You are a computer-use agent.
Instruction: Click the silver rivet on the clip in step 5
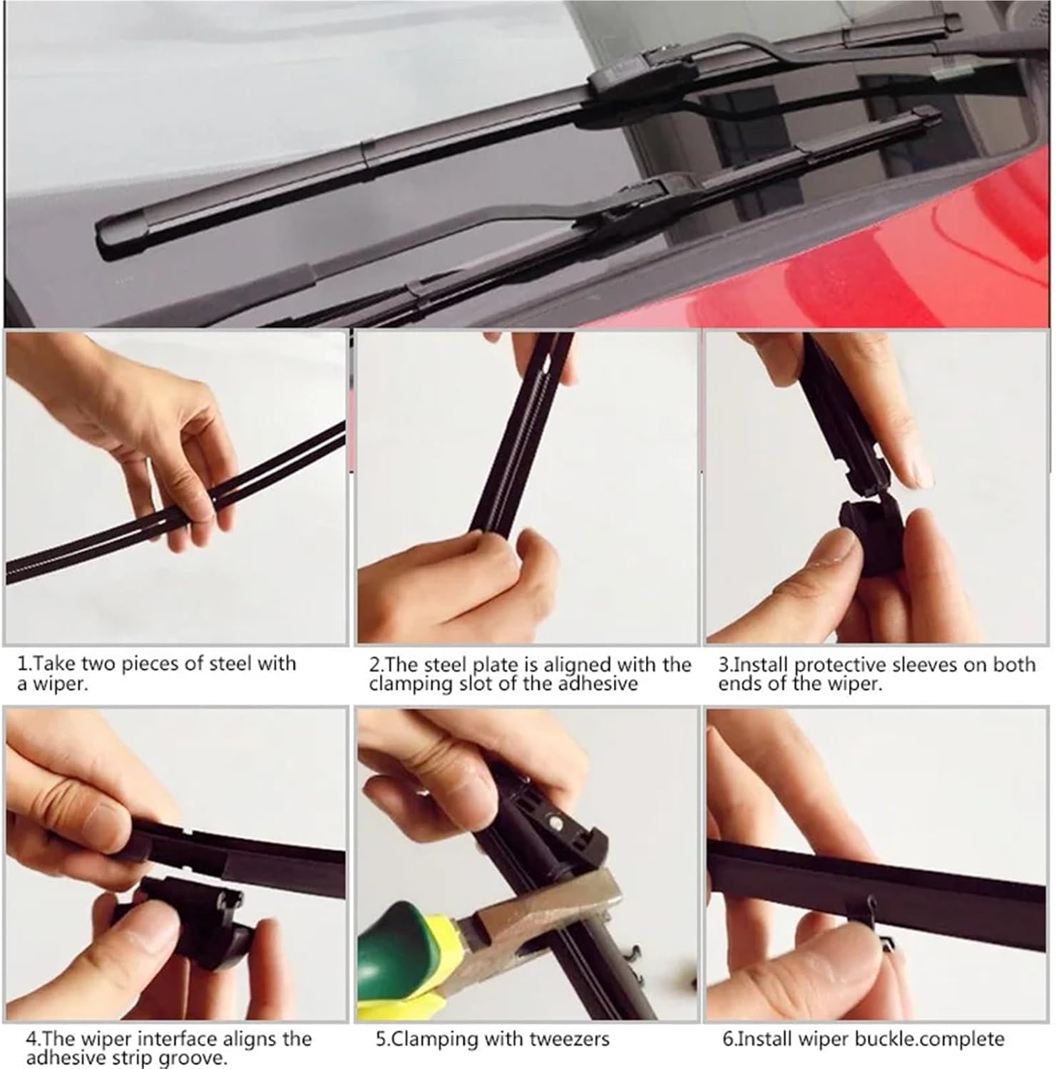[555, 822]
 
